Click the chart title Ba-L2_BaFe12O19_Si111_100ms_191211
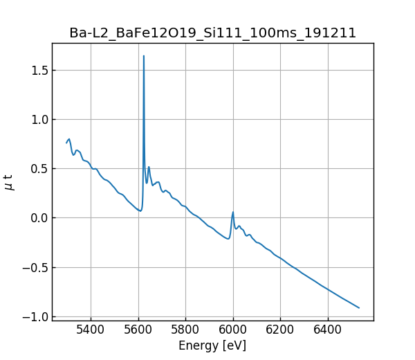(212, 33)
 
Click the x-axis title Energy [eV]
(212, 345)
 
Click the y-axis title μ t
(9, 182)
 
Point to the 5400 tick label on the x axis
(91, 330)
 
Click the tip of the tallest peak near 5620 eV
(144, 56)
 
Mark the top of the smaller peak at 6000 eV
(233, 212)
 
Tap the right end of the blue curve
(359, 307)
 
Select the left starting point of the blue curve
(66, 143)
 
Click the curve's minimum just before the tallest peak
(140, 210)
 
